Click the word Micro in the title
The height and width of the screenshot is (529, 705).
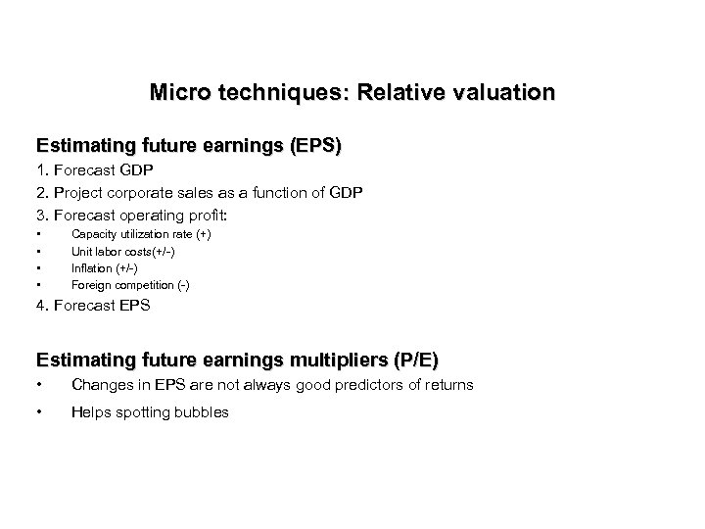click(178, 93)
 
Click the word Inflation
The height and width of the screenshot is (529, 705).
click(91, 267)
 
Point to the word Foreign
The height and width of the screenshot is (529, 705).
click(89, 284)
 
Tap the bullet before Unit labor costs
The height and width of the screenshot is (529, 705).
click(38, 251)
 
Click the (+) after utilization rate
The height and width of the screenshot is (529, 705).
click(204, 234)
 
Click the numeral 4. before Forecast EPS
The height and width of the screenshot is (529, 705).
click(42, 307)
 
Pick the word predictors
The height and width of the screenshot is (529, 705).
click(364, 385)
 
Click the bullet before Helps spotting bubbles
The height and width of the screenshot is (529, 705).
click(38, 412)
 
